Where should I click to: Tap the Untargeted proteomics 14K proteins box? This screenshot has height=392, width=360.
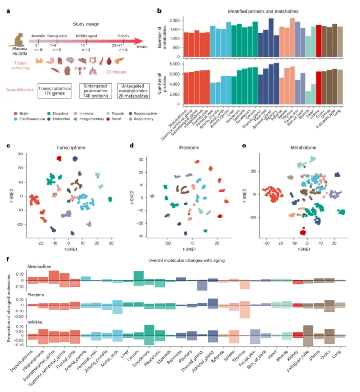pyautogui.click(x=97, y=89)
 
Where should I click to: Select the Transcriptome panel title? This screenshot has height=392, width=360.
pyautogui.click(x=60, y=149)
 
